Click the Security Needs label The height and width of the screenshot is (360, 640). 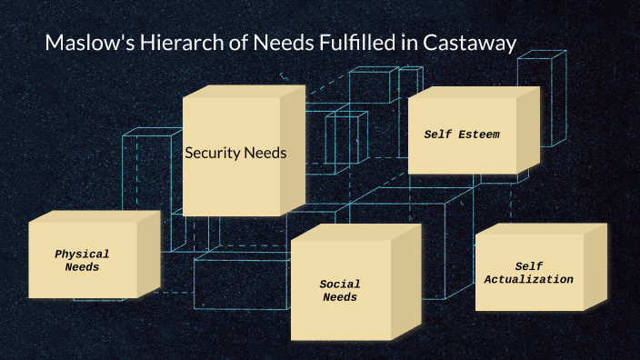click(x=235, y=153)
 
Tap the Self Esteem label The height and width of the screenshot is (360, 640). click(x=462, y=135)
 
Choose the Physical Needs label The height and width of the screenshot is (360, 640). click(x=82, y=261)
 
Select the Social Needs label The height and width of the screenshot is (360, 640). click(x=340, y=291)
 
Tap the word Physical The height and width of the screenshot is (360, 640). click(x=82, y=255)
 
